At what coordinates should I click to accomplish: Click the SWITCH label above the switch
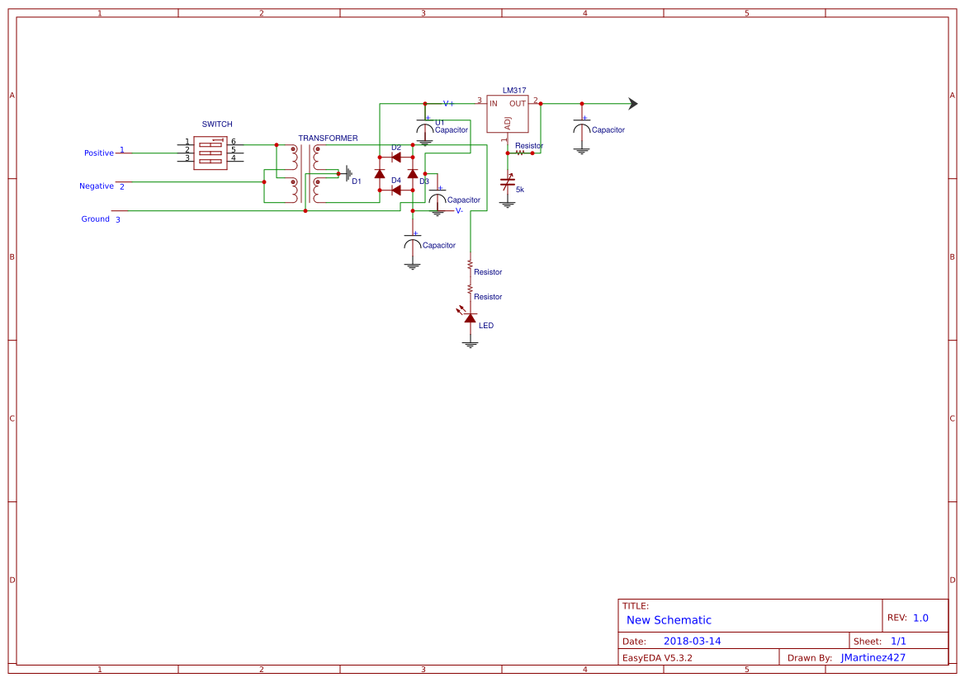217,125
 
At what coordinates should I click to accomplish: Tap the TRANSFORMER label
328,139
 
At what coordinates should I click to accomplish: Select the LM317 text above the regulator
514,91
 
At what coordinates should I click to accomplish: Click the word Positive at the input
99,153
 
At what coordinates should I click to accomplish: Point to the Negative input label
97,186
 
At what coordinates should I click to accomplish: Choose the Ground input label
96,219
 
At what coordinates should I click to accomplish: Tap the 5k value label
520,190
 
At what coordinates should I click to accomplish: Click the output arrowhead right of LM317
633,104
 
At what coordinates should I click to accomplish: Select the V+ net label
448,104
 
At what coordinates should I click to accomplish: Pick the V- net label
459,211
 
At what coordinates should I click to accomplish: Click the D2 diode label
396,148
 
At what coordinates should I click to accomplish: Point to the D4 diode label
396,181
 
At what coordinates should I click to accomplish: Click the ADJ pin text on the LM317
508,123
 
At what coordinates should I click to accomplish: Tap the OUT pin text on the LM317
518,104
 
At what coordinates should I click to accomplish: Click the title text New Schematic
669,620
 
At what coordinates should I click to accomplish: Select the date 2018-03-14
693,641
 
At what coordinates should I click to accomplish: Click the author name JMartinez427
873,657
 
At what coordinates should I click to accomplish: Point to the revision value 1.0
920,618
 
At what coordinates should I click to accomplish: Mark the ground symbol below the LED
471,345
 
